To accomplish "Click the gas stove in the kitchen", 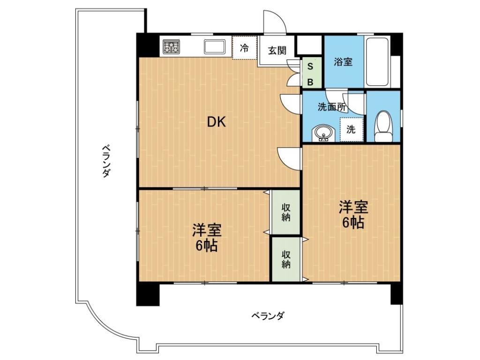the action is point(171,46).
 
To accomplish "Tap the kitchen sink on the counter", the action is point(214,47).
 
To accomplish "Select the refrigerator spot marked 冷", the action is point(244,47).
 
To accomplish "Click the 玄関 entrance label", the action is point(277,51).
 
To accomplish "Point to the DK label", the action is point(217,122).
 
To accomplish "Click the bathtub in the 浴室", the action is point(377,62).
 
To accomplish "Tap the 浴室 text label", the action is point(343,61).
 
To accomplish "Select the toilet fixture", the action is point(383,126).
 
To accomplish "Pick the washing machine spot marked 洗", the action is point(351,129).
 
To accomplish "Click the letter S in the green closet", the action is point(310,67).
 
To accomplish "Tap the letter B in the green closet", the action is point(310,82).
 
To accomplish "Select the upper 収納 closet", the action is point(286,212).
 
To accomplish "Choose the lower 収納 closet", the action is point(286,259).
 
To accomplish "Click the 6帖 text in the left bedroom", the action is point(207,246).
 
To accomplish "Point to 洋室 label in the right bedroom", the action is point(353,207).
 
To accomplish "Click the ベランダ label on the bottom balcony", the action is point(268,315).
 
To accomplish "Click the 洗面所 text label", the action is point(332,107).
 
